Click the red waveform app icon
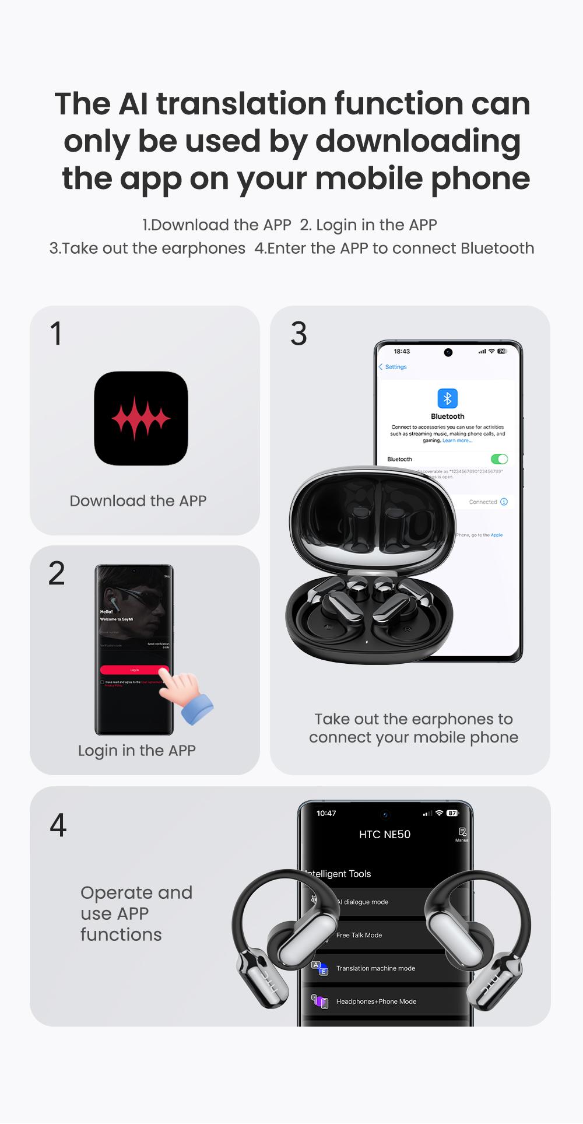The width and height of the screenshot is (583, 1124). pos(141,418)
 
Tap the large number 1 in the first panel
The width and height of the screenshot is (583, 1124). pos(56,334)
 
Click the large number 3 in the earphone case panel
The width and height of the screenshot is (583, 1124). pos(298,334)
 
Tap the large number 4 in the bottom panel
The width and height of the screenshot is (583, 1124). pos(58,825)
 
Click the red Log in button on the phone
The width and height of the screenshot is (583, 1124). pos(135,670)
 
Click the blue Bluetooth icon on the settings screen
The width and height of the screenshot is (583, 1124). pos(447,398)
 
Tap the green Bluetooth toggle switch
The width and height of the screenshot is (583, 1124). pos(499,459)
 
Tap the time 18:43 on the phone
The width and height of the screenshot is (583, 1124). pos(402,351)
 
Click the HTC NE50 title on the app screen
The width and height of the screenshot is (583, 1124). pos(385,835)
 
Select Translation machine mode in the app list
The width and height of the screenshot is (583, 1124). pos(375,968)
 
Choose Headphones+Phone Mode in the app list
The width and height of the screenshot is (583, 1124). pos(376,1002)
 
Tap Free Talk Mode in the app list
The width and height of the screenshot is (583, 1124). pos(359,935)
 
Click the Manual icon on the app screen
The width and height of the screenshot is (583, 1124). pos(462,833)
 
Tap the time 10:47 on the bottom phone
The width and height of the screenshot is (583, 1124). pos(326,813)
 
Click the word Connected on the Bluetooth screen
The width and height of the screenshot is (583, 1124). pos(483,502)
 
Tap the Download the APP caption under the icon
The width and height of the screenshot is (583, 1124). pos(138,501)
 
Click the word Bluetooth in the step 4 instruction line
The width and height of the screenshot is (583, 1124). pos(497,248)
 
